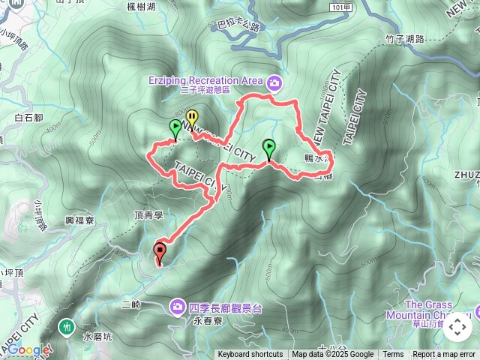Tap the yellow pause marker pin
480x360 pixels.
[x=192, y=118]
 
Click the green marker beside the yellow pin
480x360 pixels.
[x=175, y=127]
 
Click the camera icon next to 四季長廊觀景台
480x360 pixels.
[x=178, y=306]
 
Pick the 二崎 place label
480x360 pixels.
[x=130, y=304]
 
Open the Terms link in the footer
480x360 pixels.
[x=393, y=355]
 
